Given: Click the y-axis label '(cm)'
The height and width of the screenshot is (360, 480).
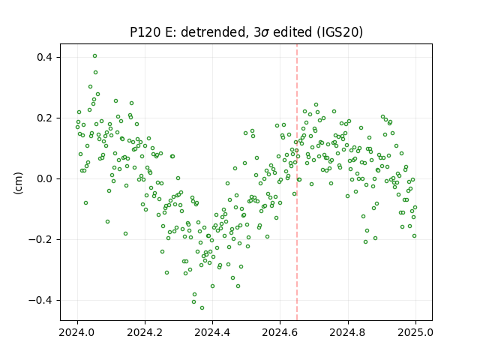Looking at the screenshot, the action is [x=18, y=183].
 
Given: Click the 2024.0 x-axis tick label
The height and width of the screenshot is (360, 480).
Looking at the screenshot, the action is [x=77, y=332].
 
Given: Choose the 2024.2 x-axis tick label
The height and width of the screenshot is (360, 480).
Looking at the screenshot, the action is [x=145, y=332].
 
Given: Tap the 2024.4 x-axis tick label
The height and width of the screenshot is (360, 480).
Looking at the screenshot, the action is [x=212, y=332].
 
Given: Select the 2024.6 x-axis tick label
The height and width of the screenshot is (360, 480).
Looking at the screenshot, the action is [x=280, y=332].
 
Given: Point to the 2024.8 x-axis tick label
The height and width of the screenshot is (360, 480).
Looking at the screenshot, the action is [x=348, y=332].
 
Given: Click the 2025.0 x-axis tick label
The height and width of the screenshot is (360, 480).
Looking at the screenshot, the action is [x=415, y=332].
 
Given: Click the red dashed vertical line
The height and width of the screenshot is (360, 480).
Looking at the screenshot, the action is [x=297, y=182].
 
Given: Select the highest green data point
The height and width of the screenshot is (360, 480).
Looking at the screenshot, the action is [x=95, y=56].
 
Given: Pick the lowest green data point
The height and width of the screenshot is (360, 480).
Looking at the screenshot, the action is [x=202, y=308].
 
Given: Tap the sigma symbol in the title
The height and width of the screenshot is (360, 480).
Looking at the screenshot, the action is [x=265, y=33].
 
